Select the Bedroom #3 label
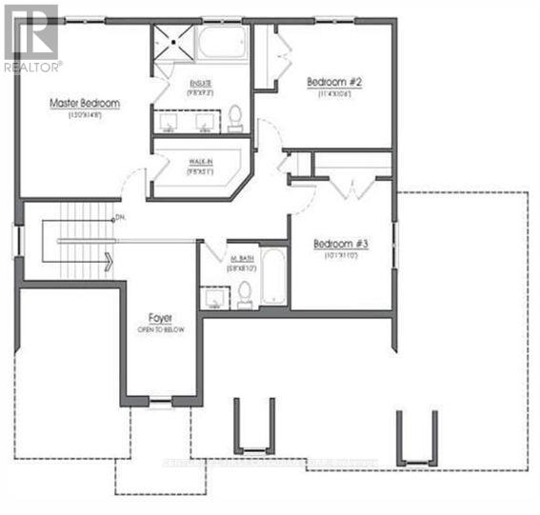341,244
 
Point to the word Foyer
159,317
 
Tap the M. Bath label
239,258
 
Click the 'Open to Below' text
159,329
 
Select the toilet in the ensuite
235,118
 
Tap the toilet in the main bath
245,291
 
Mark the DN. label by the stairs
120,218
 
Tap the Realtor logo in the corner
31,38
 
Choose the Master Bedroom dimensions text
85,115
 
